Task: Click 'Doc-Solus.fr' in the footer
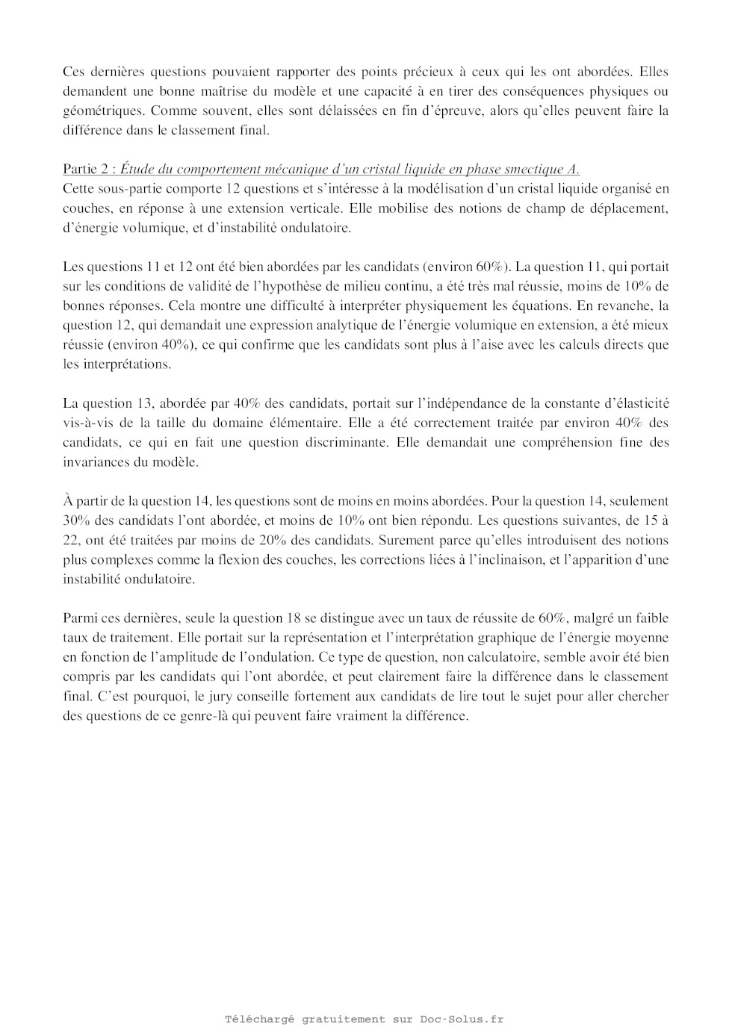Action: pos(462,1019)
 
